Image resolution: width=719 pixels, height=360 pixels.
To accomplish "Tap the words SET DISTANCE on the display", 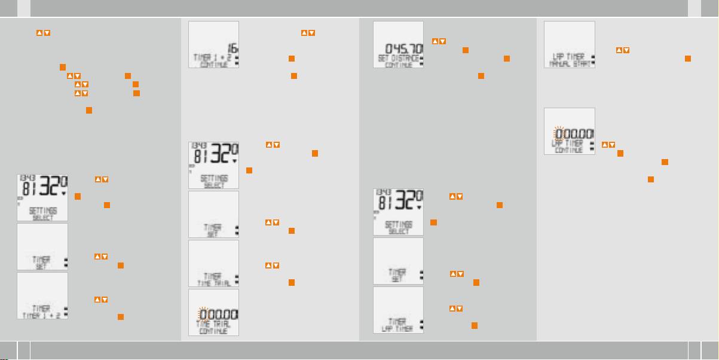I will click(397, 58).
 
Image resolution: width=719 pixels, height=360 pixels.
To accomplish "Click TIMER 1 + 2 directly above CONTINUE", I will click(212, 57).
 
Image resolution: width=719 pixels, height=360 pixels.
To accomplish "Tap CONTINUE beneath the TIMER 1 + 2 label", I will click(214, 64).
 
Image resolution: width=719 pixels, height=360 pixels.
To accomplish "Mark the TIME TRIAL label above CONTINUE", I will click(213, 323).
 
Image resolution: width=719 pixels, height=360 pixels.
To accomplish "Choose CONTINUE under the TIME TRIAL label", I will click(213, 330).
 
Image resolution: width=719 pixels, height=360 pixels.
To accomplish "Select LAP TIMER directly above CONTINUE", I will click(568, 144).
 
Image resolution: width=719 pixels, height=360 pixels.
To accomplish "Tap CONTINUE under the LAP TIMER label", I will click(569, 150).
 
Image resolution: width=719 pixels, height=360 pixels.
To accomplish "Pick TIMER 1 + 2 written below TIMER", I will click(42, 315).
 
